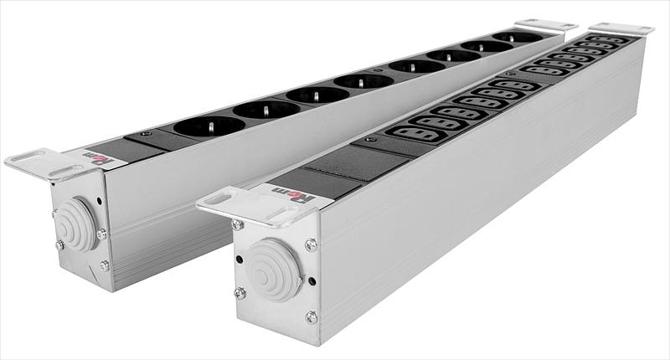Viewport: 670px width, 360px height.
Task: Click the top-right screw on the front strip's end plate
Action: point(311,244)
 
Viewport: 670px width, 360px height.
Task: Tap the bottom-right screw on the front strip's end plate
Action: point(312,316)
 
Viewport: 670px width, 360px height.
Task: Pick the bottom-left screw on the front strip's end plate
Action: point(240,292)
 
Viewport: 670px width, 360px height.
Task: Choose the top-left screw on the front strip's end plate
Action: point(239,224)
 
